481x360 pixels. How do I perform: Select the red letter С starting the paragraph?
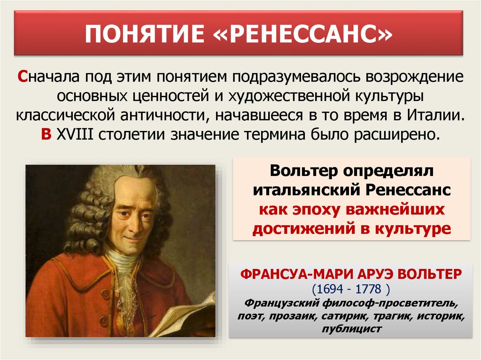coord(23,77)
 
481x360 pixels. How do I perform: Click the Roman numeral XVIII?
coord(75,134)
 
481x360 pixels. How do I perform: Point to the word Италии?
coord(436,115)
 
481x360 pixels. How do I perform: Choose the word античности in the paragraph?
coord(164,115)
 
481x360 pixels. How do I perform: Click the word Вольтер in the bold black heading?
coord(303,171)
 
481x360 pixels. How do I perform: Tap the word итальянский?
coord(306,191)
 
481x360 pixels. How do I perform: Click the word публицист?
coord(351,329)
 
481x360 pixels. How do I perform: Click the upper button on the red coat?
coord(105,295)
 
